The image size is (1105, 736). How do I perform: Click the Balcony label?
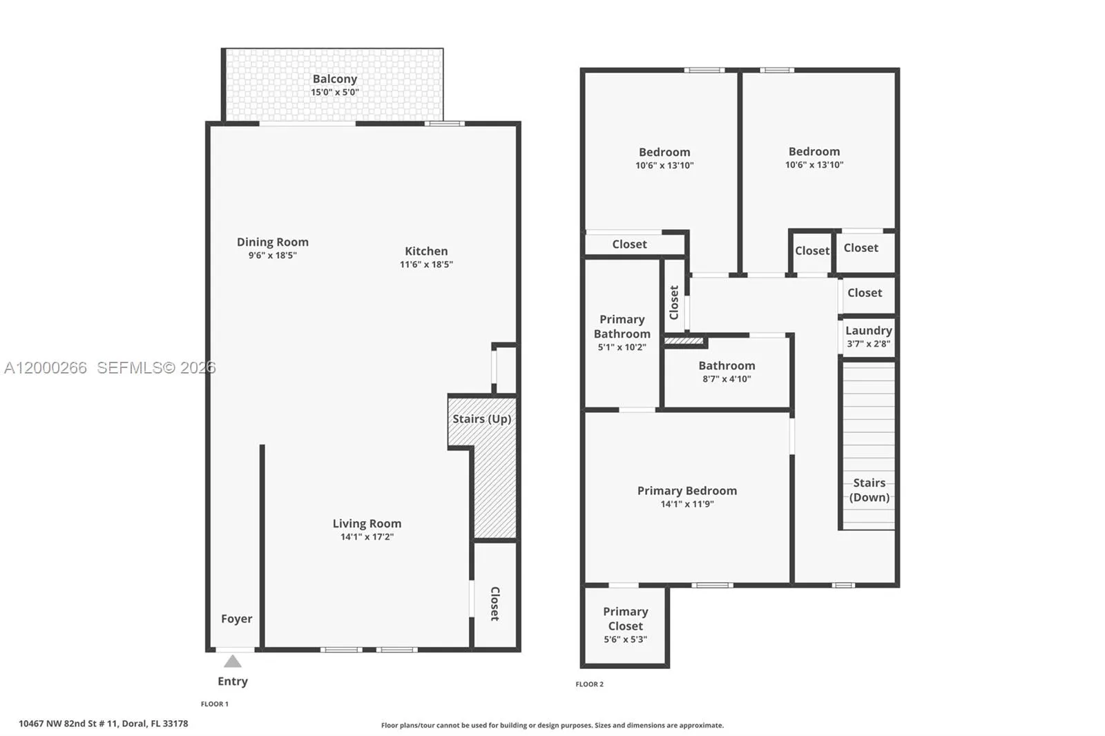click(x=334, y=79)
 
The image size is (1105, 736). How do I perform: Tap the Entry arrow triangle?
click(x=233, y=661)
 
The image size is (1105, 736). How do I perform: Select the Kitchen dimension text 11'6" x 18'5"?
click(x=426, y=264)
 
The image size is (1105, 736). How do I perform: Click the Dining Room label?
click(x=272, y=242)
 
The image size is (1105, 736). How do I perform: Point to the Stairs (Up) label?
click(x=481, y=419)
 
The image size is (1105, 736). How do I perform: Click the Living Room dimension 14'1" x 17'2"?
click(x=367, y=536)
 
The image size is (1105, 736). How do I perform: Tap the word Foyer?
click(x=236, y=619)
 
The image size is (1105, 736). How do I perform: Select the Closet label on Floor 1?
click(x=494, y=603)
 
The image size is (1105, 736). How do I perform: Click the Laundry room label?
click(x=868, y=331)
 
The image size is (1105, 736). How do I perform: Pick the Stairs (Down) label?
click(x=869, y=490)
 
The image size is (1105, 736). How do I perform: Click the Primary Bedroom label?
click(x=686, y=491)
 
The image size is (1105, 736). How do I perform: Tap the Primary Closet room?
click(x=625, y=625)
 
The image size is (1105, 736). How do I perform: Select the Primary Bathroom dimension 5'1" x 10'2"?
click(x=622, y=347)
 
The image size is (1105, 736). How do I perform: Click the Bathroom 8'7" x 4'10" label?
click(x=727, y=366)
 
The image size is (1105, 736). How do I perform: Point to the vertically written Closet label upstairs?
click(x=674, y=302)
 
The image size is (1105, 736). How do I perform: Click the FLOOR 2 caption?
click(x=589, y=684)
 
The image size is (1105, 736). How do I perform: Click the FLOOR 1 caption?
click(x=214, y=704)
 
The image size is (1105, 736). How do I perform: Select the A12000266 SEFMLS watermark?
click(x=109, y=368)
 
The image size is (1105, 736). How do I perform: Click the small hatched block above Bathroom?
click(x=684, y=340)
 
